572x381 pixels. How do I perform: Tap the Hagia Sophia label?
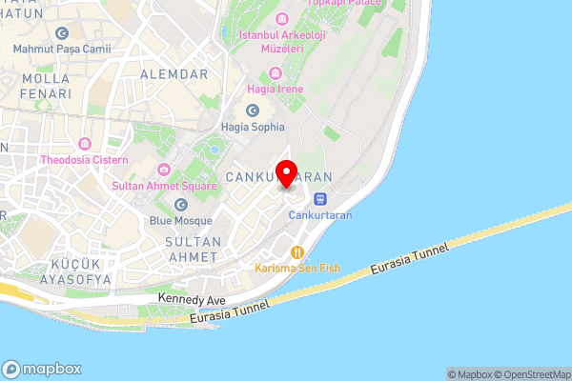point(253,126)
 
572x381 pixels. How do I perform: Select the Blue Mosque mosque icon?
point(181,204)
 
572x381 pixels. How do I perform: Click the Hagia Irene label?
point(276,89)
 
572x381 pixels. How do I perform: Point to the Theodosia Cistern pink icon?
point(84,144)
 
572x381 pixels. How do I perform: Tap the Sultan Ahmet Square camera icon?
point(164,170)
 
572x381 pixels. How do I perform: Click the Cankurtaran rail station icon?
point(320,199)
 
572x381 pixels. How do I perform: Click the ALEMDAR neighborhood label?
point(173,73)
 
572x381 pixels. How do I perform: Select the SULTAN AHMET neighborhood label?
point(193,250)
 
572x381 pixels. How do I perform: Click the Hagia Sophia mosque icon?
point(253,110)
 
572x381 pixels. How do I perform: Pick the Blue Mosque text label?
point(181,220)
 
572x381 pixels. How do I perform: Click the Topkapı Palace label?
point(343,3)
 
